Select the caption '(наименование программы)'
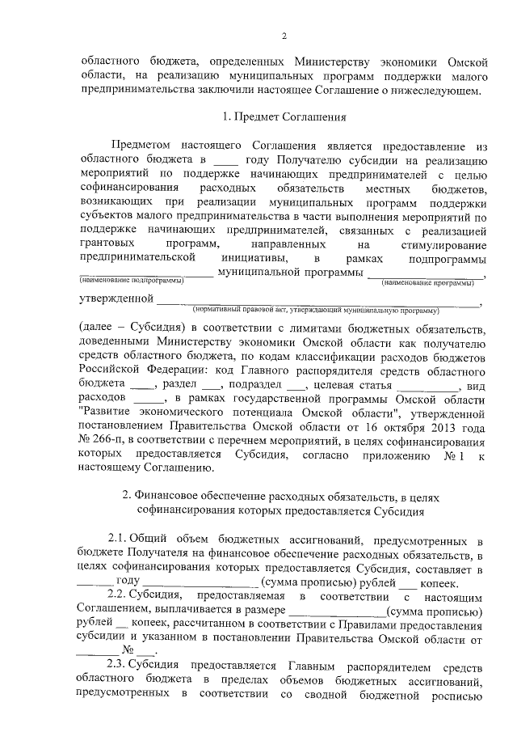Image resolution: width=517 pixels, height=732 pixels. point(430,282)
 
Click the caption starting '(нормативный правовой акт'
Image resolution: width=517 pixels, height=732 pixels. point(315,310)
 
